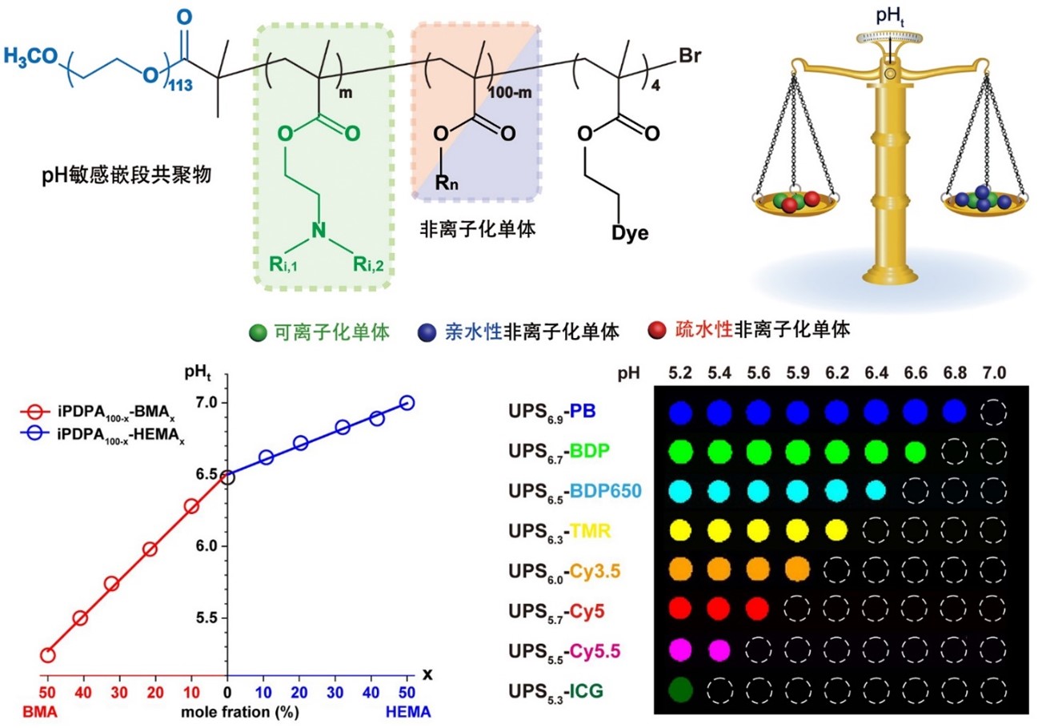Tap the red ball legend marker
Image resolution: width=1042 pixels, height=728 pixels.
tap(655, 330)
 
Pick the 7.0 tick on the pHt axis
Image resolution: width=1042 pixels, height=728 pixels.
tap(227, 403)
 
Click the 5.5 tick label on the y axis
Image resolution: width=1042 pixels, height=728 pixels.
tap(206, 618)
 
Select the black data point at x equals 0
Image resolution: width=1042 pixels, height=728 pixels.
tap(228, 477)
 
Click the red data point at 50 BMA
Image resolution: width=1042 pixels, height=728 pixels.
tap(48, 655)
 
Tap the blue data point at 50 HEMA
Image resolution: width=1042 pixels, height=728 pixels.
tap(407, 403)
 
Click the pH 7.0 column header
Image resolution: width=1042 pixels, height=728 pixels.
tap(994, 373)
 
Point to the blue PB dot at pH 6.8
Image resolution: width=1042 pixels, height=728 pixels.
tap(954, 412)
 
